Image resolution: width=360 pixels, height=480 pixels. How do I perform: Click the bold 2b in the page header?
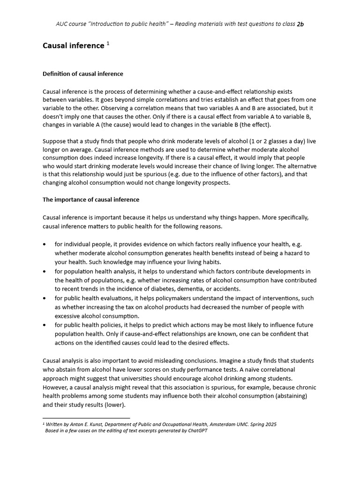(300, 24)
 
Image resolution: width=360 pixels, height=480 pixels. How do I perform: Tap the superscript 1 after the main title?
(108, 44)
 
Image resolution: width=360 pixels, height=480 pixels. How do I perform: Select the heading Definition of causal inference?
(83, 74)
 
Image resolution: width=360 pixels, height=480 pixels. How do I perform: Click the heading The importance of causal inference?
(91, 199)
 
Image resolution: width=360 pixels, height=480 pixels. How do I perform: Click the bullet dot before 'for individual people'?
(45, 244)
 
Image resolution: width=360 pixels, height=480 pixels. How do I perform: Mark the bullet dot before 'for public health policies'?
(45, 325)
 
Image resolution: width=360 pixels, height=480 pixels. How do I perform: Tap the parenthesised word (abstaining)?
(289, 396)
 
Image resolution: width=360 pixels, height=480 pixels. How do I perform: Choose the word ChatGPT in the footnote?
(196, 431)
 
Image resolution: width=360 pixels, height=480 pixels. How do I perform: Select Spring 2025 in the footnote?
(262, 424)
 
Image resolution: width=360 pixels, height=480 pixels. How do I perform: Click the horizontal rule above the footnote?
(86, 418)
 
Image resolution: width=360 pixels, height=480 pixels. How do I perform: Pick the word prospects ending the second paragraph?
(214, 182)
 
